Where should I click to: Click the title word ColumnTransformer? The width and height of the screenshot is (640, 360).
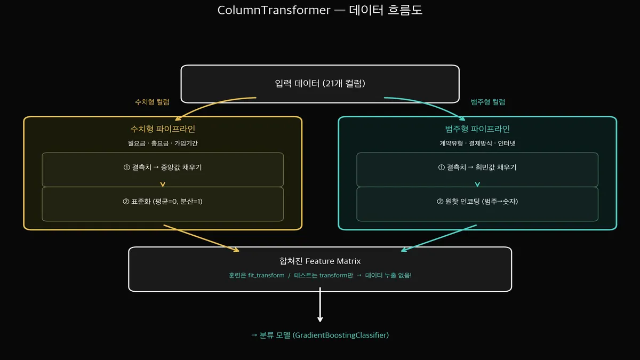(x=274, y=10)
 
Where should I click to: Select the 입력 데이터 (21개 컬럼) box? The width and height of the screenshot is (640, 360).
(x=320, y=84)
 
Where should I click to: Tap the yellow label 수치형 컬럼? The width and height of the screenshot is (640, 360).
(x=153, y=102)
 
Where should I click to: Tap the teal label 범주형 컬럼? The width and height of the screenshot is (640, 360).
(x=488, y=102)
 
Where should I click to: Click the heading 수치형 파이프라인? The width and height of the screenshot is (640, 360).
(x=163, y=129)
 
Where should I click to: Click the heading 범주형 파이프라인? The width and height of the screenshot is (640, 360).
(x=477, y=129)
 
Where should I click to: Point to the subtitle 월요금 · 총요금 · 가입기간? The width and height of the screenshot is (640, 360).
(x=163, y=143)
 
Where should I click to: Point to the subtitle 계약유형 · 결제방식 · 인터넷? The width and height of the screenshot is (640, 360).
(x=477, y=143)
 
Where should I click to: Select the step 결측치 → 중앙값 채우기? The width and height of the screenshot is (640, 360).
(x=163, y=167)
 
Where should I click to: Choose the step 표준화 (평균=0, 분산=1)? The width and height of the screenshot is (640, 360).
(x=163, y=202)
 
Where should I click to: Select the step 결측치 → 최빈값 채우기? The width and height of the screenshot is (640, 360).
(x=477, y=167)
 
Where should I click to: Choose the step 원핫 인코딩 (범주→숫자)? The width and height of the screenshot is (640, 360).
(x=477, y=202)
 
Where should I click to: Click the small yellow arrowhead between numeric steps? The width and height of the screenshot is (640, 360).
(x=163, y=185)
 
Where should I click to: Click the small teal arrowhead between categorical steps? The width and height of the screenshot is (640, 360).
(x=477, y=185)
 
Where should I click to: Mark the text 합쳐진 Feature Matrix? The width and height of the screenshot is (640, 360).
(x=320, y=261)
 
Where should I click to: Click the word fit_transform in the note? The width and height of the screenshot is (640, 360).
(x=266, y=275)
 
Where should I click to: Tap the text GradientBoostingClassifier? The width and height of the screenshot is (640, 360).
(x=341, y=335)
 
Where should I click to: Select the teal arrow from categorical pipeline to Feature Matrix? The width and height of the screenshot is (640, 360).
(x=437, y=238)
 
